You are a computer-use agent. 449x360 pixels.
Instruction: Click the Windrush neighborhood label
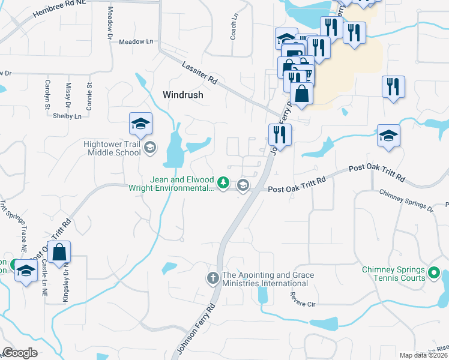click(x=183, y=95)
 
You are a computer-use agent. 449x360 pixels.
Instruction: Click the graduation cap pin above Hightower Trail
click(x=141, y=125)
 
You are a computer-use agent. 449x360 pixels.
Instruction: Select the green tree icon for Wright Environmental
click(x=223, y=182)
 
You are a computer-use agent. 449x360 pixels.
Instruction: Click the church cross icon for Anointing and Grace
click(x=212, y=278)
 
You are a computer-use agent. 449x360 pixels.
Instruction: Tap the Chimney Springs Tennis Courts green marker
click(x=435, y=274)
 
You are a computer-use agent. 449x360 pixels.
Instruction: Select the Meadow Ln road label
click(x=136, y=42)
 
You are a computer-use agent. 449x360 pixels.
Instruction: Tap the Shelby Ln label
click(x=67, y=116)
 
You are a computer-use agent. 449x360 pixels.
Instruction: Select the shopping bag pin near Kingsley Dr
click(x=60, y=253)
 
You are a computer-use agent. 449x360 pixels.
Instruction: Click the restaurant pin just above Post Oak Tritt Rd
click(x=280, y=134)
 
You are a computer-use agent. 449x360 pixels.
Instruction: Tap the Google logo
click(x=20, y=353)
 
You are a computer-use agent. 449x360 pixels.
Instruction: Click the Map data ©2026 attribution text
click(x=424, y=355)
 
